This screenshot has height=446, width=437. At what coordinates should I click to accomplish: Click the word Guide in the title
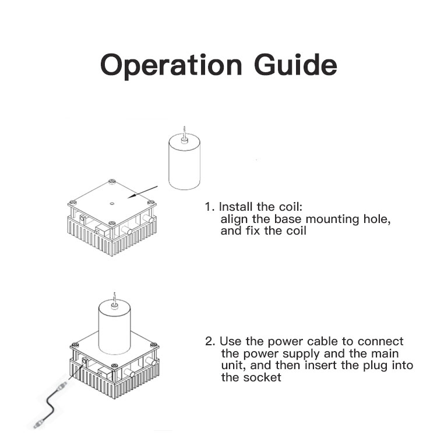tap(295, 64)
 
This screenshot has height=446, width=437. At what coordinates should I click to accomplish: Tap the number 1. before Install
tap(210, 207)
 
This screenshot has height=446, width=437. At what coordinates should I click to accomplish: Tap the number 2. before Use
tap(210, 341)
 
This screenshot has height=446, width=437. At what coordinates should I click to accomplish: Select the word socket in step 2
tap(262, 378)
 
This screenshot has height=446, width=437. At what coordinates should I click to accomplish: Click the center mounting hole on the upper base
tap(112, 204)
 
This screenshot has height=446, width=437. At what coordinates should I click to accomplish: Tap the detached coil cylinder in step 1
tap(185, 162)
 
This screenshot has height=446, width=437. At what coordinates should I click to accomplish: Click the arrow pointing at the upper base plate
tap(142, 192)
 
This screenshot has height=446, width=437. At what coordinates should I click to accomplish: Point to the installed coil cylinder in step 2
tap(114, 328)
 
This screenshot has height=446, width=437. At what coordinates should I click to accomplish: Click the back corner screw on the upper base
tap(112, 181)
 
